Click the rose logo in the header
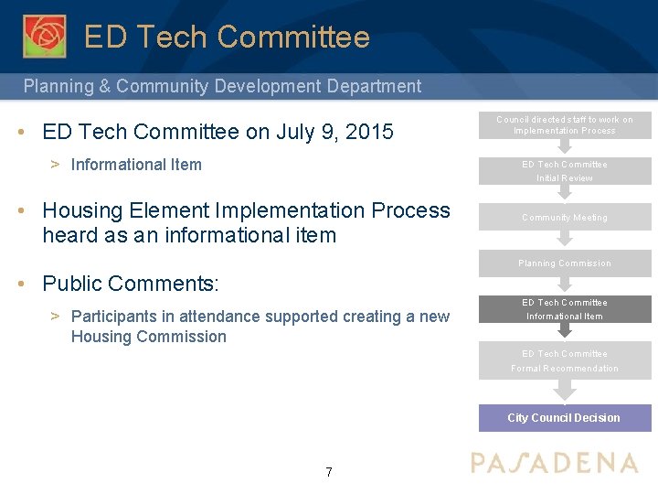pyautogui.click(x=44, y=36)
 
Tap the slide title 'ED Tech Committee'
pyautogui.click(x=227, y=38)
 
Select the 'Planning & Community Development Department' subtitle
pyautogui.click(x=222, y=87)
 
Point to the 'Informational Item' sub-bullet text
pyautogui.click(x=136, y=165)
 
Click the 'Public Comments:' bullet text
pyautogui.click(x=131, y=284)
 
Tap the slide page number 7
pyautogui.click(x=329, y=472)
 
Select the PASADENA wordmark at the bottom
pyautogui.click(x=554, y=463)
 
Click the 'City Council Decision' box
pyautogui.click(x=564, y=418)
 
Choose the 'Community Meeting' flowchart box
pyautogui.click(x=564, y=217)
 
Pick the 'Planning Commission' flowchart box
pyautogui.click(x=564, y=263)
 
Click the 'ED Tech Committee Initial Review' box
pyautogui.click(x=564, y=171)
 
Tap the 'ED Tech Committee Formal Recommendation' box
pyautogui.click(x=564, y=360)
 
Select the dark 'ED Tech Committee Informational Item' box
pyautogui.click(x=564, y=309)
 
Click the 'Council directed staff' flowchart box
pyautogui.click(x=564, y=124)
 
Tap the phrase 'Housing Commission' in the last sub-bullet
pyautogui.click(x=148, y=337)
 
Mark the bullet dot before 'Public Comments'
pyautogui.click(x=21, y=283)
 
